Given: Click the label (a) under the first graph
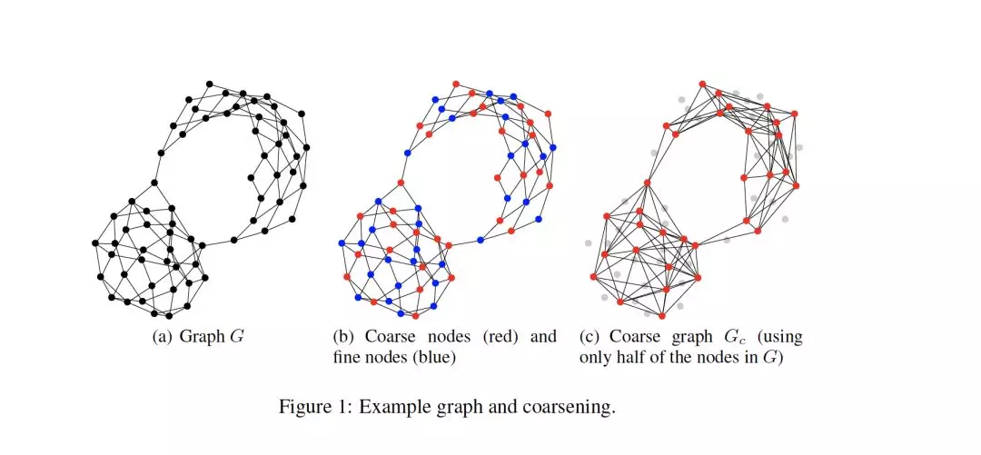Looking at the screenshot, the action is [163, 337].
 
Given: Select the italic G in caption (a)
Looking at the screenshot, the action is [239, 337].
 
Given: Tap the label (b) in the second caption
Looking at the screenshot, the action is [344, 337].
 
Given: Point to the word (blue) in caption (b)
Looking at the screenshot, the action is [434, 358].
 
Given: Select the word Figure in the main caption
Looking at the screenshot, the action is [304, 406].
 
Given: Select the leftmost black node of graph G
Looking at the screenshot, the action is [94, 242].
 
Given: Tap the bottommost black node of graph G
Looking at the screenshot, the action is [170, 316].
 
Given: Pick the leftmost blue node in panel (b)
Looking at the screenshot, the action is [341, 242].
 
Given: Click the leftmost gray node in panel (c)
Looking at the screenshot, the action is [589, 242].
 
